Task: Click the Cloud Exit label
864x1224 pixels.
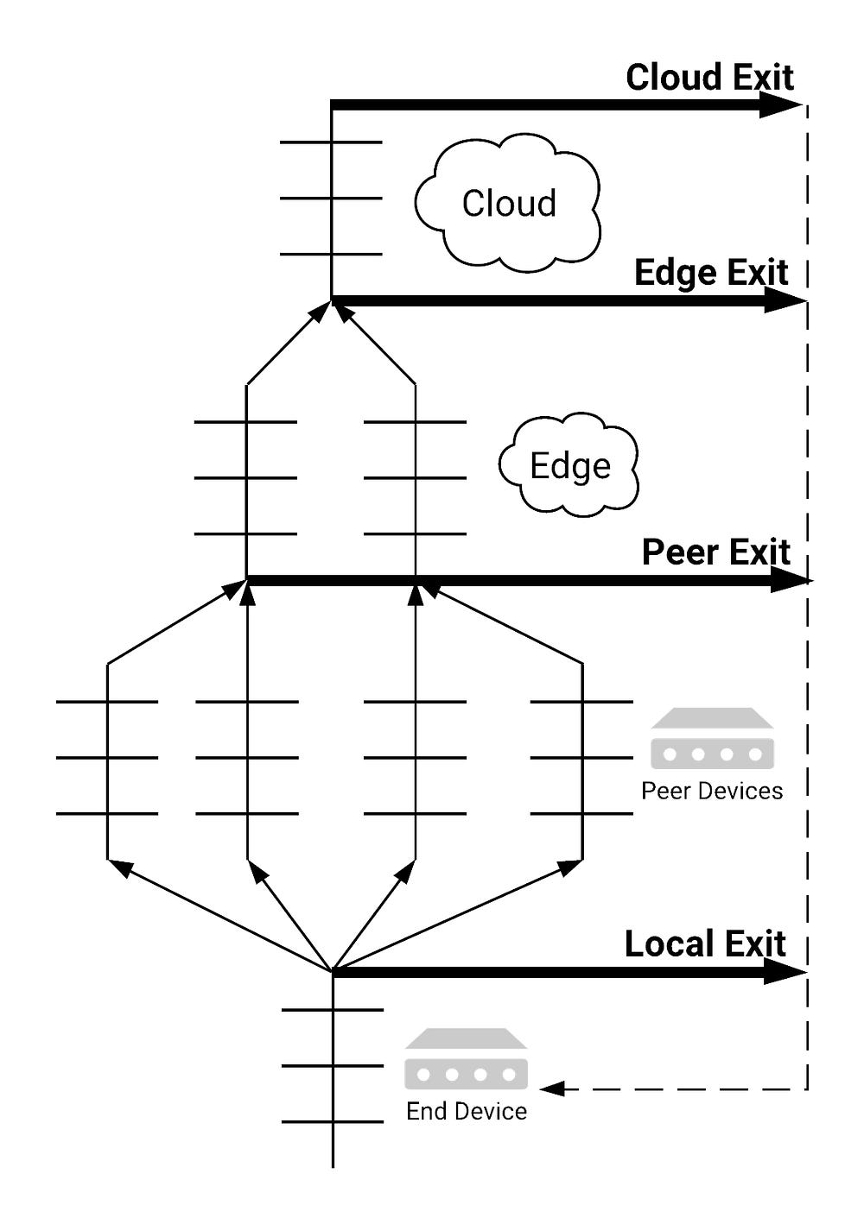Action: coord(709,78)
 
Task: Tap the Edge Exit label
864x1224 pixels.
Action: coord(711,273)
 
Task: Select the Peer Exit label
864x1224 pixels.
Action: coord(716,552)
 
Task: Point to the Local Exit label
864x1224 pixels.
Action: coord(705,944)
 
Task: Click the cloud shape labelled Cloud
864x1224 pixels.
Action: coord(508,204)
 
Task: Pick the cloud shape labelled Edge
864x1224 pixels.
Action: coord(569,466)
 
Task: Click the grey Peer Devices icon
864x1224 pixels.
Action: coord(712,739)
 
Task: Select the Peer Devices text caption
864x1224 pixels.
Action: coord(712,792)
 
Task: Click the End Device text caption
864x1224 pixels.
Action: coord(467,1112)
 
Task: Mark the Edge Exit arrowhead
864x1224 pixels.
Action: coord(786,300)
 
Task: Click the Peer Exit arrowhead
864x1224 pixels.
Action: coord(790,581)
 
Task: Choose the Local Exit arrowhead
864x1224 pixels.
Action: coord(786,972)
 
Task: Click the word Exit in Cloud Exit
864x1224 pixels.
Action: coord(761,78)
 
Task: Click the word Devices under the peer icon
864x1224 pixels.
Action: coord(742,792)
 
